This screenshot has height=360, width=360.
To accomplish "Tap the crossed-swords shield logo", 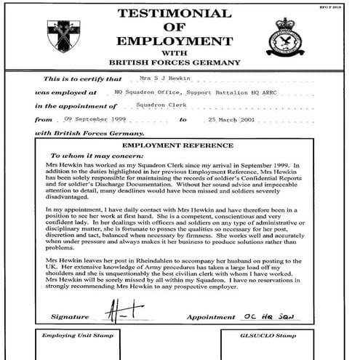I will (63, 34).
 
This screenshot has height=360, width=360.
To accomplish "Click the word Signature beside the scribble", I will (71, 318).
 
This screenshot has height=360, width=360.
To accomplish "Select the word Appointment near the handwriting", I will (211, 318).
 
